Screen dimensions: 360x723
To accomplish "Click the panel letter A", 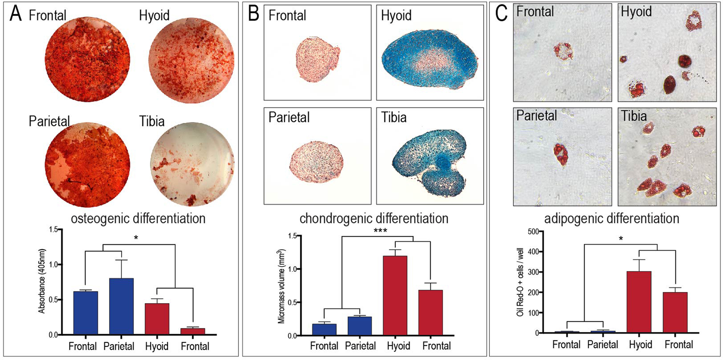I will pyautogui.click(x=15, y=14).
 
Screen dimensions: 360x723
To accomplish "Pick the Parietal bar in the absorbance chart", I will pyautogui.click(x=121, y=306).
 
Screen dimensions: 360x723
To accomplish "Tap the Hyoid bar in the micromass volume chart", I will pyautogui.click(x=395, y=295).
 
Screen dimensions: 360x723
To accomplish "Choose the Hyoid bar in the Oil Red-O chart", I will pyautogui.click(x=638, y=302).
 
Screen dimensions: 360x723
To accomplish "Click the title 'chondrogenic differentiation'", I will pyautogui.click(x=374, y=218).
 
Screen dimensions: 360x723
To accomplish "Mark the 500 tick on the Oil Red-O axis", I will pyautogui.click(x=532, y=232).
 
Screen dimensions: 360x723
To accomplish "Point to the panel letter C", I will pyautogui.click(x=501, y=14).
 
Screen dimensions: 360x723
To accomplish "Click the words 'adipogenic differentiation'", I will pyautogui.click(x=612, y=218).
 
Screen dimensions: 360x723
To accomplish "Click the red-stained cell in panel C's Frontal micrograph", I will pyautogui.click(x=563, y=51).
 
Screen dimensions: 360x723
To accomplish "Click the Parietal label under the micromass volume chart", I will pyautogui.click(x=360, y=346).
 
